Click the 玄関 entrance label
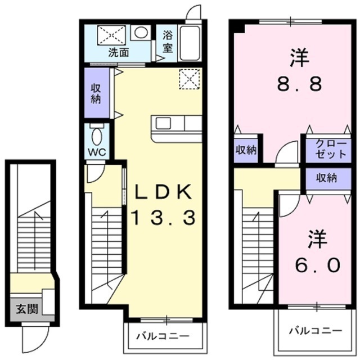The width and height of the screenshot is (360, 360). click(27, 309)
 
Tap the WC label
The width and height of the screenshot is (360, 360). click(97, 152)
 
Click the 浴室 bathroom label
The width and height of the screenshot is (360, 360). click(168, 42)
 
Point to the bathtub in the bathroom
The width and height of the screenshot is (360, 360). click(189, 43)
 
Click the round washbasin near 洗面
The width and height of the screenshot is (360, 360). click(141, 33)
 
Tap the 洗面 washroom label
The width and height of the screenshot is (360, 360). click(119, 52)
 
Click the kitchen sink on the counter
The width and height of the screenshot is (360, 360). click(163, 123)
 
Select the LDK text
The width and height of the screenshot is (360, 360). click(163, 192)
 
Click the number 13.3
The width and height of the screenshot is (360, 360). click(163, 218)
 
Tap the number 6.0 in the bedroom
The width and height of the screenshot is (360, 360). click(317, 264)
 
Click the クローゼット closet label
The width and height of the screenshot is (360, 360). click(331, 148)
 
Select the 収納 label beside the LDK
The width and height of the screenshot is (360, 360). click(96, 94)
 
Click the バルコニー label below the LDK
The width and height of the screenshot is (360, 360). click(163, 336)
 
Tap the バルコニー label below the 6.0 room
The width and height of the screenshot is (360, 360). click(316, 331)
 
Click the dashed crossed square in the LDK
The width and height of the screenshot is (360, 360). click(190, 79)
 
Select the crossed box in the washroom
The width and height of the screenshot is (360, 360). click(112, 35)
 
